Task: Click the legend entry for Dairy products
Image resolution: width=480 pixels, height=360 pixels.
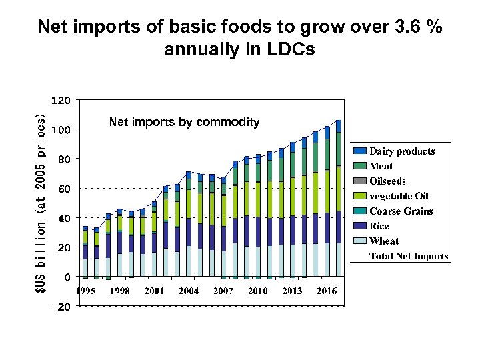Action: tap(402, 151)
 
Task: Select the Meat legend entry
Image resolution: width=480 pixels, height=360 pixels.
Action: tap(381, 166)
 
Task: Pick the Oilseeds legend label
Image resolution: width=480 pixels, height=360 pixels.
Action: tap(387, 181)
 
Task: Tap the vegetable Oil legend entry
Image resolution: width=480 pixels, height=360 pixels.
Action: tap(399, 196)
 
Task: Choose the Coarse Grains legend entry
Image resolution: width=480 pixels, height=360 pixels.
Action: tap(401, 211)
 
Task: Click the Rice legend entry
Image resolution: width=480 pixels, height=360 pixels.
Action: tap(379, 226)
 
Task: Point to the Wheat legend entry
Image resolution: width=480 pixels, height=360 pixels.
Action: tap(385, 241)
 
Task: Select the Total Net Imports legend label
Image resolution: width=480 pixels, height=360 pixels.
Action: tap(409, 256)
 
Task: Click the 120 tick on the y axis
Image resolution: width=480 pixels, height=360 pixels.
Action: tap(61, 100)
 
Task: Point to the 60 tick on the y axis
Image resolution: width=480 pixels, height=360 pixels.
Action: tap(63, 189)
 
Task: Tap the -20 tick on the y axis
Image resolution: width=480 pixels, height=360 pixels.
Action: tap(61, 307)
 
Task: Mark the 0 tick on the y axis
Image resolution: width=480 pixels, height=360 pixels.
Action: tap(67, 277)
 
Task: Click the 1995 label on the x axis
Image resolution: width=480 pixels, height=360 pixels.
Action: tap(85, 291)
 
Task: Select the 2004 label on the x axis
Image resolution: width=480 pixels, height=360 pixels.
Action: tap(189, 291)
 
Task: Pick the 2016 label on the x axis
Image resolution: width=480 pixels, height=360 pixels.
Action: tap(326, 291)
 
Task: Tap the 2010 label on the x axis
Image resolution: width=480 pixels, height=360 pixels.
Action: tap(257, 291)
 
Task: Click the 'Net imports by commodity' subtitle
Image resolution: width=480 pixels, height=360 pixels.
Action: tap(184, 122)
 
